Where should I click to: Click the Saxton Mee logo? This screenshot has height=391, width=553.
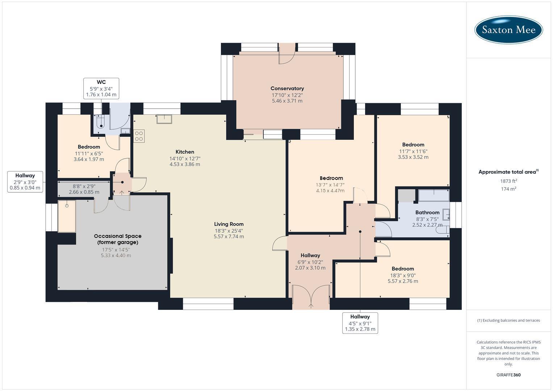click(508, 30)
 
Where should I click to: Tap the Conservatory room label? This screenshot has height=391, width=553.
click(287, 88)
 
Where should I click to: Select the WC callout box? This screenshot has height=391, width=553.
click(101, 88)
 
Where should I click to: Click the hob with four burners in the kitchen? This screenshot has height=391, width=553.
click(139, 136)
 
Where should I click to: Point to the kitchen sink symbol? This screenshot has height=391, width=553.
click(164, 119)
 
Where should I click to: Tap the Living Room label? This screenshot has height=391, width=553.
click(229, 224)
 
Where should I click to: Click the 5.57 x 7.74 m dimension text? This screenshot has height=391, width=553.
click(229, 236)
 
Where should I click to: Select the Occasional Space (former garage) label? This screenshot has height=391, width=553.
click(117, 239)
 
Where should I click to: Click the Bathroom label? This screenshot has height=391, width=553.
click(427, 213)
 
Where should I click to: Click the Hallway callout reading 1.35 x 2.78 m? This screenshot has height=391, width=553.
click(360, 323)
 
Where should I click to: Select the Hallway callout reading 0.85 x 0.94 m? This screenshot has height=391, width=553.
click(25, 182)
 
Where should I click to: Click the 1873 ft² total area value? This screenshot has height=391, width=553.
click(508, 181)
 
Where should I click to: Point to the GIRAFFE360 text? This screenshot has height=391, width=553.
click(508, 375)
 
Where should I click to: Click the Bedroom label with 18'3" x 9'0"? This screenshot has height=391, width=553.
click(403, 269)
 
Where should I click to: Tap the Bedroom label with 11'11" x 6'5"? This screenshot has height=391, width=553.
click(89, 147)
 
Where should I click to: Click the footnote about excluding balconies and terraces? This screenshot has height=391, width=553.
click(508, 320)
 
